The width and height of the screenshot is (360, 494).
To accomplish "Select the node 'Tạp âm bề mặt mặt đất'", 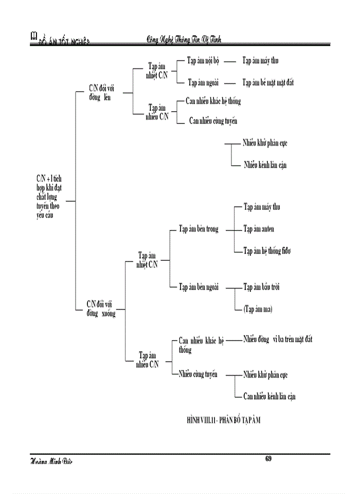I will pyautogui.click(x=268, y=82).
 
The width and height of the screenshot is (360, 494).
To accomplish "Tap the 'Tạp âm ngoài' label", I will pyautogui.click(x=203, y=82).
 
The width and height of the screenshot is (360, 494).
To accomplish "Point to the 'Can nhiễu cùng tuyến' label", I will pyautogui.click(x=213, y=121).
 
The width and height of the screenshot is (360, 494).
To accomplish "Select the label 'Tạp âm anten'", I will pyautogui.click(x=258, y=228).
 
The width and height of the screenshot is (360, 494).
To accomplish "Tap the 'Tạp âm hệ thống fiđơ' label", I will pyautogui.click(x=267, y=251).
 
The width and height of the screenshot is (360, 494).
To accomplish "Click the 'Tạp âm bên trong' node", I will pyautogui.click(x=199, y=229).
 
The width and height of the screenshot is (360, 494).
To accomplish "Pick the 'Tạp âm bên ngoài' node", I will pyautogui.click(x=199, y=287).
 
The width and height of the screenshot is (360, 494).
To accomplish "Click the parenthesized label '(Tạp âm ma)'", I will pyautogui.click(x=258, y=309).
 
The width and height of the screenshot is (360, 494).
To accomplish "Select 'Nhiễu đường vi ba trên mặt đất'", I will pyautogui.click(x=278, y=339).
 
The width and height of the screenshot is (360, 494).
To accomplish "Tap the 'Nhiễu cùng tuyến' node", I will pyautogui.click(x=197, y=374).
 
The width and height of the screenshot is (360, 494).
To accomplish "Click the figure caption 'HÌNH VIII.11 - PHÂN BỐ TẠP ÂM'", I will pyautogui.click(x=224, y=420).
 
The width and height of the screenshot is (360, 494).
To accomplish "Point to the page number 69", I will pyautogui.click(x=268, y=458).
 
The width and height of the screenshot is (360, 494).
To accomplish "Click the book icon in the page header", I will pyautogui.click(x=34, y=36).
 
